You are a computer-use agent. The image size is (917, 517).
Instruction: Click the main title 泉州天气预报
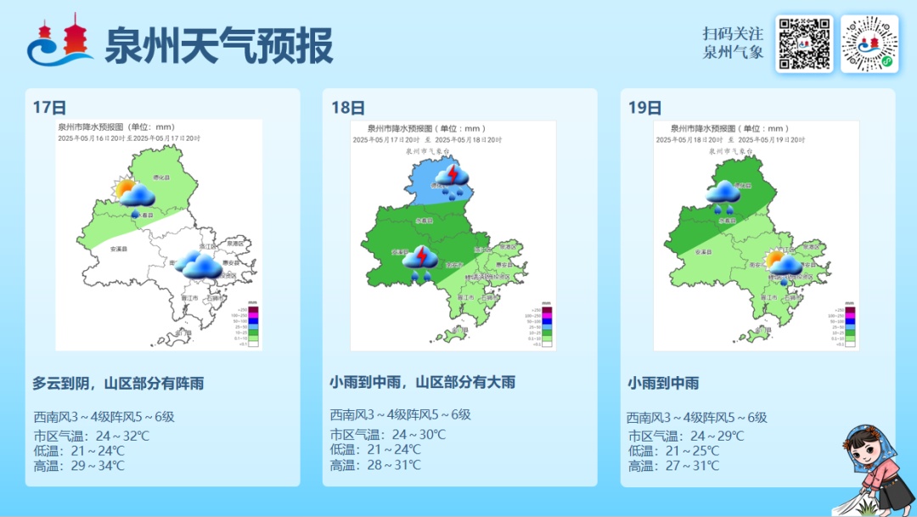click(218, 45)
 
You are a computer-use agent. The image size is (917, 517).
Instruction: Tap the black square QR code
click(804, 43)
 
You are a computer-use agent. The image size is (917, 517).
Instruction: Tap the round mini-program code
click(869, 43)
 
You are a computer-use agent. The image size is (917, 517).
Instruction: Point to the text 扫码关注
click(733, 33)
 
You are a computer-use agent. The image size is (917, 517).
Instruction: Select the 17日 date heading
click(49, 108)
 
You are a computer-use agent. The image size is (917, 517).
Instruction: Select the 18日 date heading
click(347, 108)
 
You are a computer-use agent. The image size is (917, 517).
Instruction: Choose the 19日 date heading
click(644, 108)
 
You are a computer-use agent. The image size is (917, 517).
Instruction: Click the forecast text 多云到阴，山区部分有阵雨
click(118, 384)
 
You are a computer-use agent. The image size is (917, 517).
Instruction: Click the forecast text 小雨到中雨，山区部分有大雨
click(422, 383)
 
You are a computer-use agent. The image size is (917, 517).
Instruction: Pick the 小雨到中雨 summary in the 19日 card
click(663, 384)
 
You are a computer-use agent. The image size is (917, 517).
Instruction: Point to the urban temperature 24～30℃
click(406, 435)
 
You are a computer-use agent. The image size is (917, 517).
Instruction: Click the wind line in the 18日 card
click(400, 415)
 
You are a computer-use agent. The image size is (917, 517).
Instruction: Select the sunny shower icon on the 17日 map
click(135, 195)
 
